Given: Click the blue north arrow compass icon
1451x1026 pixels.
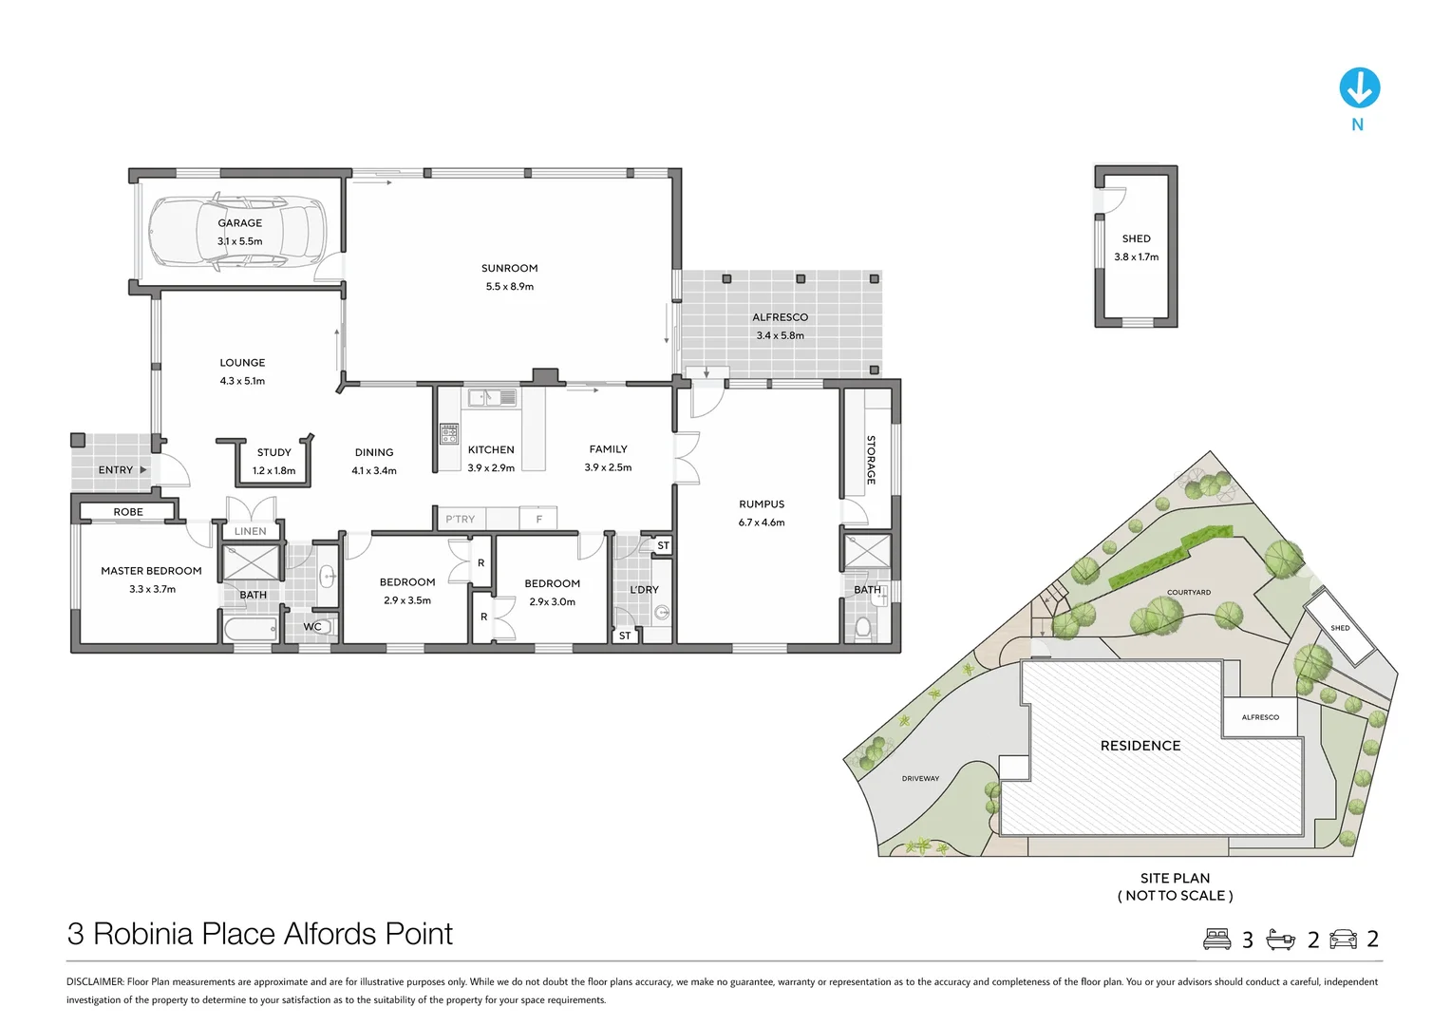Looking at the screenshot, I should (x=1359, y=87).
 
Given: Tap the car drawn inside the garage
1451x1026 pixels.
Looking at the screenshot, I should (x=237, y=233).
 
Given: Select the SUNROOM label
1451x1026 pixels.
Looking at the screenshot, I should (x=509, y=268).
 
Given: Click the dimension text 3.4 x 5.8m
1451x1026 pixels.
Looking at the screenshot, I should (x=780, y=335).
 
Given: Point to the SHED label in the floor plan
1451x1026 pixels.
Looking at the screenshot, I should (x=1136, y=238).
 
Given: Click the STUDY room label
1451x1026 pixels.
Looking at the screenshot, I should (x=273, y=452).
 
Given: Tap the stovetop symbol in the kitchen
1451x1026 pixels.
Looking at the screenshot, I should (x=449, y=434).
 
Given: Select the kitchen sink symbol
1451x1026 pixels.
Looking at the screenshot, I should (x=491, y=397).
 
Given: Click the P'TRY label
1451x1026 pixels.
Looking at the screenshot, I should (x=460, y=519).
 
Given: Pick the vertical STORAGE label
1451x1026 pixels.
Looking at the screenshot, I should (x=870, y=460).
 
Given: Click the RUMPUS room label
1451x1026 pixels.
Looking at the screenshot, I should (x=762, y=503).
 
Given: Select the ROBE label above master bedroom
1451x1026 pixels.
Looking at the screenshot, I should (x=128, y=512).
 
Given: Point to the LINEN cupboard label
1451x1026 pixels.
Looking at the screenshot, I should (x=251, y=531).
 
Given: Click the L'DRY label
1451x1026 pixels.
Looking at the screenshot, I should (x=644, y=589).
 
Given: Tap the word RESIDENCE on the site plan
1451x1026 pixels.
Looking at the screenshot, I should (x=1140, y=746).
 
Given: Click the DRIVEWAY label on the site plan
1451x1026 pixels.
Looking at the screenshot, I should (x=920, y=778).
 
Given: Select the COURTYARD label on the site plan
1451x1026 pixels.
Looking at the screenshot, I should (x=1188, y=592).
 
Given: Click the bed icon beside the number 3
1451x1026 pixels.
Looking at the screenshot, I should (x=1216, y=939).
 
